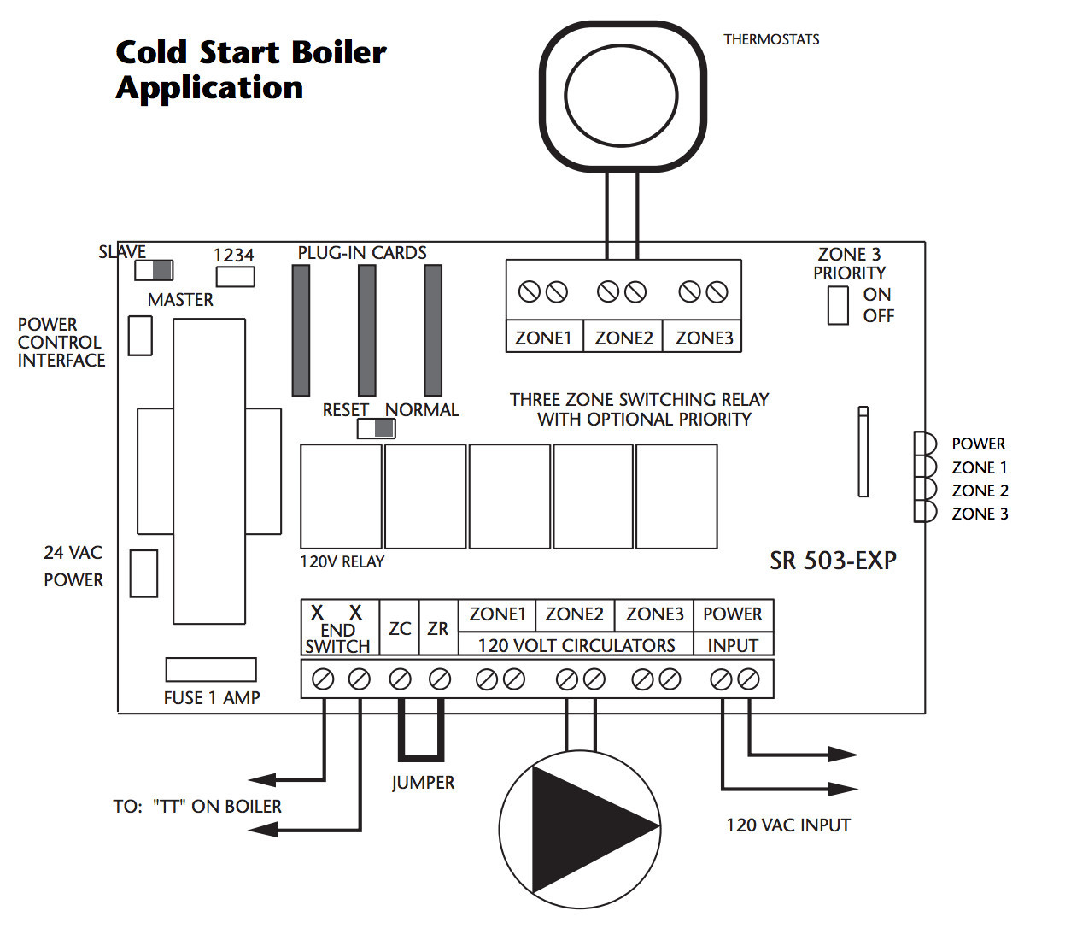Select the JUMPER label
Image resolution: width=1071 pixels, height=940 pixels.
(423, 783)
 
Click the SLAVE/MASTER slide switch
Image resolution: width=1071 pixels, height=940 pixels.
(153, 270)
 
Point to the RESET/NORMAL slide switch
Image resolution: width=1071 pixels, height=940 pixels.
(376, 428)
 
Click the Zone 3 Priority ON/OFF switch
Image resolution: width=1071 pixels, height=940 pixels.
(838, 305)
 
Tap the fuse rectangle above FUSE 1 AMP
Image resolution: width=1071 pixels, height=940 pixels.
(211, 670)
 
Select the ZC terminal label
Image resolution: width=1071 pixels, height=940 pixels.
(400, 628)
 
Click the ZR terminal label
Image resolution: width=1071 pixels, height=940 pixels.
(437, 628)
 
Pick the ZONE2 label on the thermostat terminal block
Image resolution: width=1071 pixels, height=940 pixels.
(623, 338)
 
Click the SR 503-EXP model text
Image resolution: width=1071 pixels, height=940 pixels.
(833, 561)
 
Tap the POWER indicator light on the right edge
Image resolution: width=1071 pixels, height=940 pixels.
(925, 444)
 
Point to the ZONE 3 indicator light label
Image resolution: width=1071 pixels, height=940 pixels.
(980, 514)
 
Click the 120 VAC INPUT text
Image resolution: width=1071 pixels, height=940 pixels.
(788, 825)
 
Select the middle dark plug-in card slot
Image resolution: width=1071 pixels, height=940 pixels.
(367, 330)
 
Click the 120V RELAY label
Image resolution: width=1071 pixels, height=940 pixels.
(342, 561)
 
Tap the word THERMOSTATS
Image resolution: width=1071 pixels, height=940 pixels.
(771, 39)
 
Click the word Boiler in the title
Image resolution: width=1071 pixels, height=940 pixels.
(339, 52)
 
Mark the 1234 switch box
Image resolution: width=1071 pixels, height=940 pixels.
(235, 277)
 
